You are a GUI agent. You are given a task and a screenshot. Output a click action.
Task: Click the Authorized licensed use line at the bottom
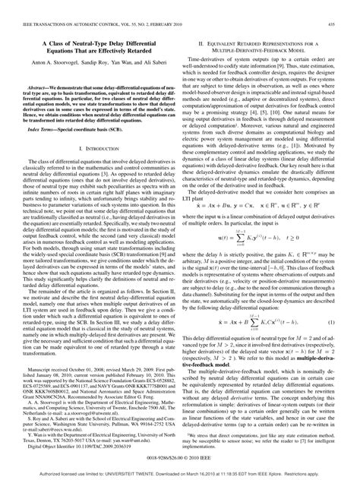pos(180,472)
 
